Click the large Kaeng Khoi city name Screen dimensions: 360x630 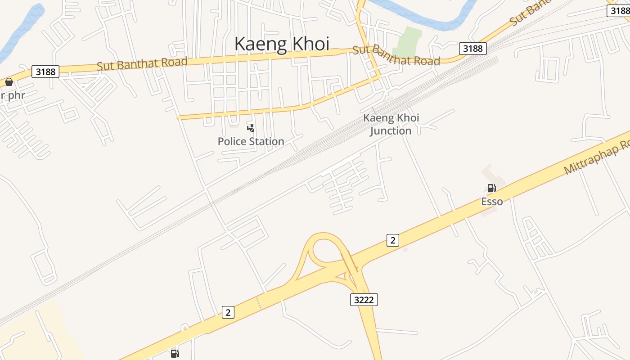tap(282, 44)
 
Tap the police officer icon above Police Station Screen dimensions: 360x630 tap(251, 128)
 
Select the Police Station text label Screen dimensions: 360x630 tap(251, 141)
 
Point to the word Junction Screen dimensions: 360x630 tap(391, 131)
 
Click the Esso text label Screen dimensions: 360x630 tap(492, 201)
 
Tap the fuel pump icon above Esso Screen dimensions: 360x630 tap(491, 188)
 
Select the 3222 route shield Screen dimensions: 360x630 tap(364, 300)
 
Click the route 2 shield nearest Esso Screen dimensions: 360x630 tap(392, 240)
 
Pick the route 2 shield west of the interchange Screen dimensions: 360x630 tap(228, 312)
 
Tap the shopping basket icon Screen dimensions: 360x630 tap(9, 82)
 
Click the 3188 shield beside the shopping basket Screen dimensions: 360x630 tap(45, 72)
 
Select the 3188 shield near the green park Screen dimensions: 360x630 tap(473, 49)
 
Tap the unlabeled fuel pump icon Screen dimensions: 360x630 tap(175, 354)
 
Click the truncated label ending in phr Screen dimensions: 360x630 tap(12, 95)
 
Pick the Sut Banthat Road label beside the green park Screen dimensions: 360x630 tap(396, 55)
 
